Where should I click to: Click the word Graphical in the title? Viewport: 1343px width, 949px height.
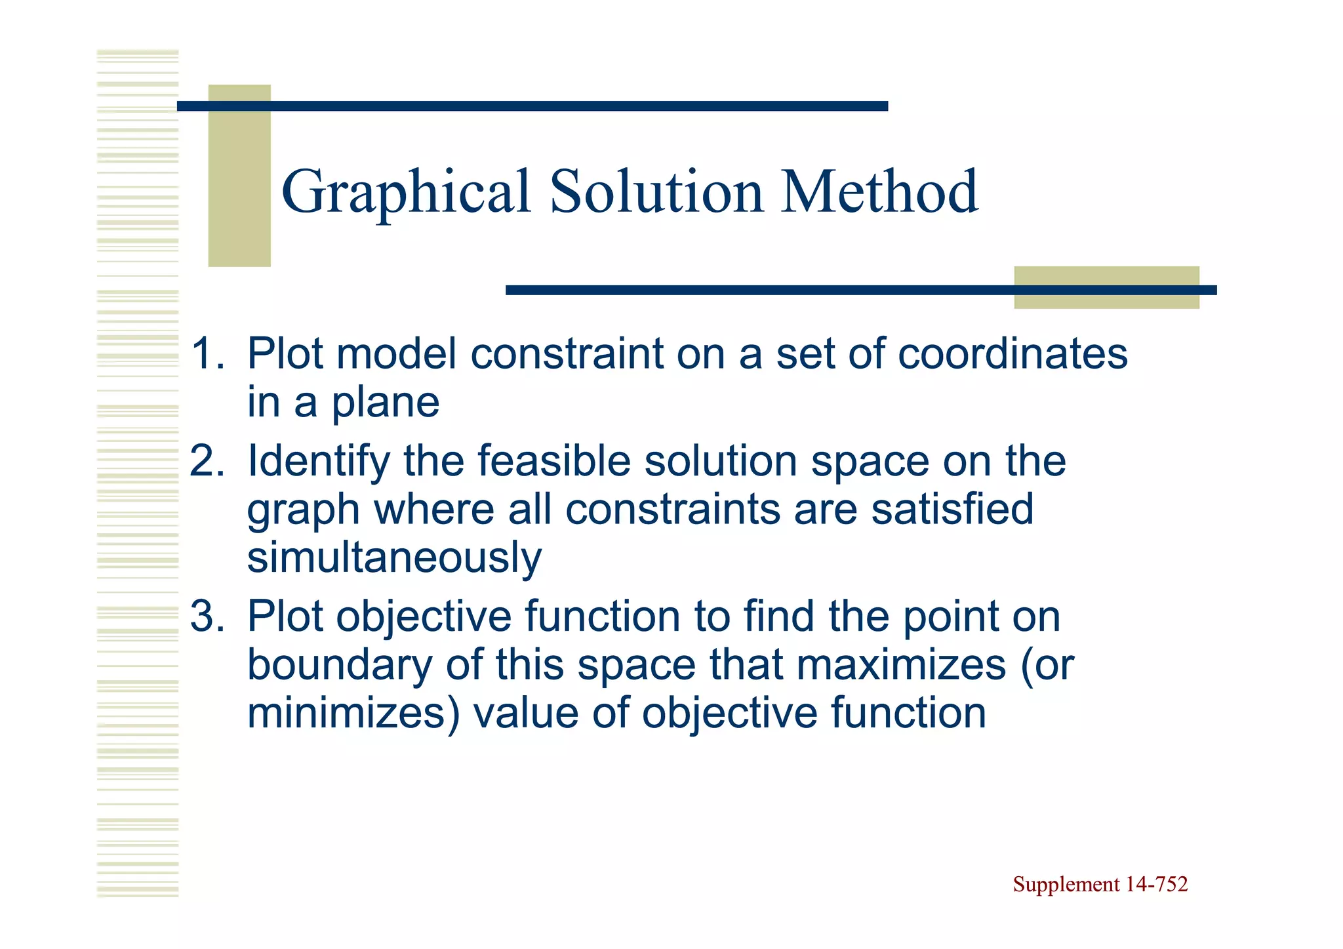click(x=405, y=192)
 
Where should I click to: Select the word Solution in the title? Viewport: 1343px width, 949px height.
click(x=656, y=192)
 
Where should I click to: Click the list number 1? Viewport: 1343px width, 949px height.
click(x=206, y=354)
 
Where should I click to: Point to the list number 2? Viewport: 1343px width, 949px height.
click(x=206, y=461)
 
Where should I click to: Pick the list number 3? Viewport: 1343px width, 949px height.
click(x=206, y=616)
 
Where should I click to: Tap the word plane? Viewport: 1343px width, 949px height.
click(x=385, y=403)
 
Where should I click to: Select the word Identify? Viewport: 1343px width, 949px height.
click(x=318, y=462)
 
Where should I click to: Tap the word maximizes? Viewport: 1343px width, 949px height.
click(x=901, y=665)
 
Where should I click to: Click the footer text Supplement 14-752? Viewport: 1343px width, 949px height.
click(x=1100, y=885)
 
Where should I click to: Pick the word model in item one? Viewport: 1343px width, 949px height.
click(x=396, y=354)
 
